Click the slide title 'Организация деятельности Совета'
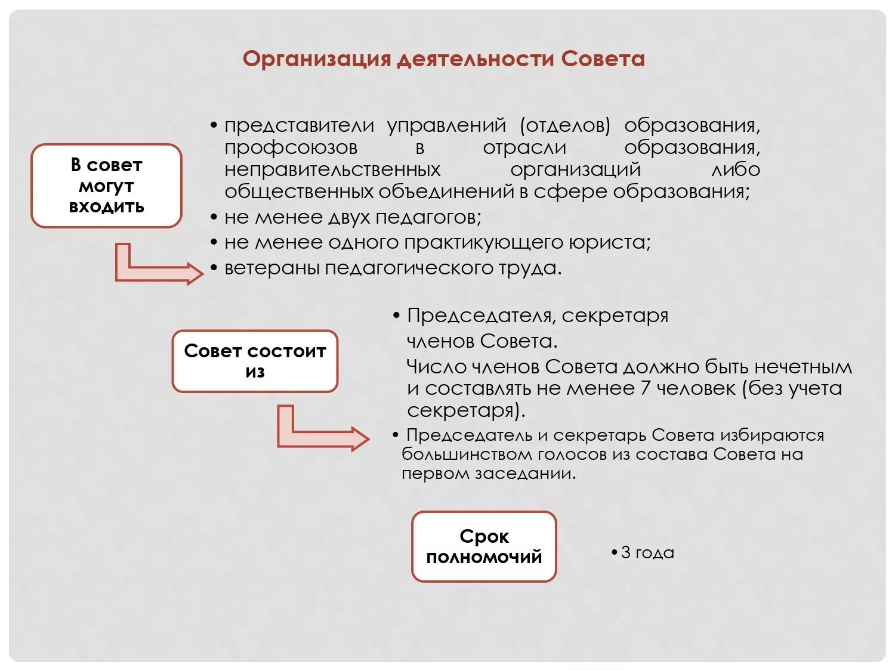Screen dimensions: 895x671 [x=443, y=59]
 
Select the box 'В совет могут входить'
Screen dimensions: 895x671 [x=106, y=185]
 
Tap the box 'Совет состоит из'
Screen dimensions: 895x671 [x=255, y=361]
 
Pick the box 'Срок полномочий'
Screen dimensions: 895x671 [x=484, y=546]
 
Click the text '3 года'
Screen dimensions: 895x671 [x=647, y=553]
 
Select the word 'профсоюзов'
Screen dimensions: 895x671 [x=291, y=147]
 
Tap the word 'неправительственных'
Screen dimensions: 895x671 [x=332, y=169]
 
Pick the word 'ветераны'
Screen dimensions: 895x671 [x=272, y=268]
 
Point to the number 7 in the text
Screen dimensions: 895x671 [x=645, y=388]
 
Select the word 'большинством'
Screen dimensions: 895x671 [x=466, y=454]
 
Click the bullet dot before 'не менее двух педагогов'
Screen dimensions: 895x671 [x=214, y=218]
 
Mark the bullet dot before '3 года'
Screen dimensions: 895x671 [x=614, y=553]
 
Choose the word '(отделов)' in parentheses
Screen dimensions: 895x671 [x=565, y=125]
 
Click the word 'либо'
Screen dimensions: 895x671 [x=736, y=169]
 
